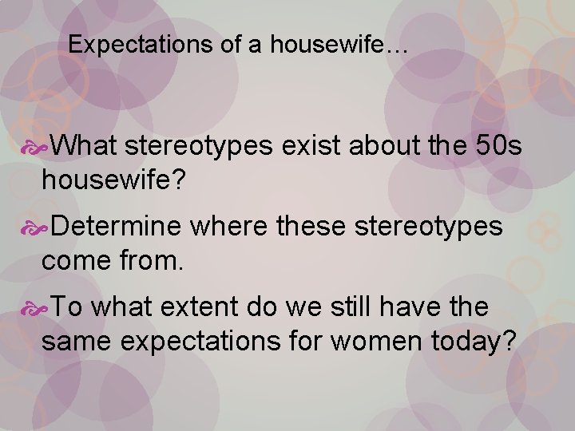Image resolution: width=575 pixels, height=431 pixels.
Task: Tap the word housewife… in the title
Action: coord(339,45)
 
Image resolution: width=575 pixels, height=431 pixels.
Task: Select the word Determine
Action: coord(119,227)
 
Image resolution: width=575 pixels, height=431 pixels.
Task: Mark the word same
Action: coord(77,341)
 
